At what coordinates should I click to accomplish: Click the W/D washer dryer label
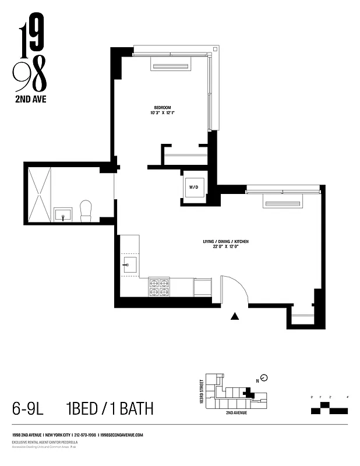[193, 187]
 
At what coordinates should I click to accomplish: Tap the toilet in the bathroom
[86, 210]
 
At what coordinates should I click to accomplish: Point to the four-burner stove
[159, 287]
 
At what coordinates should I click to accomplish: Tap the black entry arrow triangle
[235, 316]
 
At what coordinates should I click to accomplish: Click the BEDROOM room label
[162, 107]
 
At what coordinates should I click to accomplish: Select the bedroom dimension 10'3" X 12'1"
[162, 113]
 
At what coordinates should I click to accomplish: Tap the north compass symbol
[263, 378]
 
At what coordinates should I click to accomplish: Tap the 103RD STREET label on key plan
[202, 393]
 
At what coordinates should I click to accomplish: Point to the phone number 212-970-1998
[84, 435]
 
